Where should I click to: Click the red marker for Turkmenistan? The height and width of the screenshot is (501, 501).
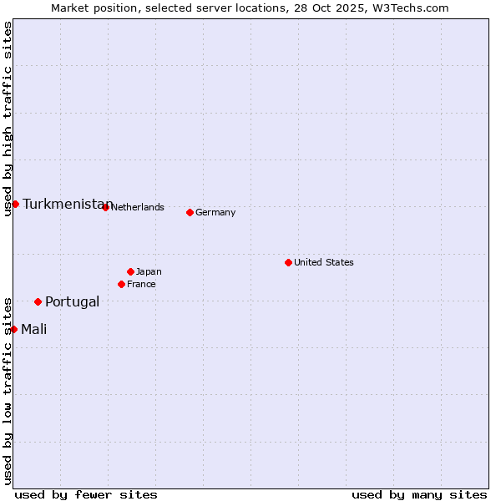tap(15, 204)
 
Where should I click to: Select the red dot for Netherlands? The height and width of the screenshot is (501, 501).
tap(105, 207)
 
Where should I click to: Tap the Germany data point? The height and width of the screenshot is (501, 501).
tap(190, 212)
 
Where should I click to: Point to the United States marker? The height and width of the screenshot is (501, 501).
tap(288, 262)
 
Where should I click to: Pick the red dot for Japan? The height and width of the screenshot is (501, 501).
tap(130, 271)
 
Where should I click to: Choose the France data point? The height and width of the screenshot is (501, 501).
tap(121, 284)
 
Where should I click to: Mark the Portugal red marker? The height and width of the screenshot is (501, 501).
tap(38, 301)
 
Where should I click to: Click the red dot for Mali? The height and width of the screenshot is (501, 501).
tap(13, 329)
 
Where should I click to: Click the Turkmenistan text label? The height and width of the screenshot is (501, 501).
tap(67, 205)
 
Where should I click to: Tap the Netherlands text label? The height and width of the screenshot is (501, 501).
tap(138, 207)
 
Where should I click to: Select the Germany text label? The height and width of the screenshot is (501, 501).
tap(215, 212)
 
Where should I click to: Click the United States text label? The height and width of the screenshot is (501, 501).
tap(324, 262)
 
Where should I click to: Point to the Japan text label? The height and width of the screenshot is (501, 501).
tap(149, 271)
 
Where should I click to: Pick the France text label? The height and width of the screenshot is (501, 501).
tap(141, 284)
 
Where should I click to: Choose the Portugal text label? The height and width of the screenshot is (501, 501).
tap(72, 301)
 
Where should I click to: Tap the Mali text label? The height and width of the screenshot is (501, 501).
tap(33, 329)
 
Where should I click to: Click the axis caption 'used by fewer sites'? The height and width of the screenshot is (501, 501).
tap(86, 494)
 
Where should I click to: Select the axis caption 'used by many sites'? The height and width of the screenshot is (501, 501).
tap(419, 494)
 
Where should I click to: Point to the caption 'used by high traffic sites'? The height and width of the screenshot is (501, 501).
tap(8, 119)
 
